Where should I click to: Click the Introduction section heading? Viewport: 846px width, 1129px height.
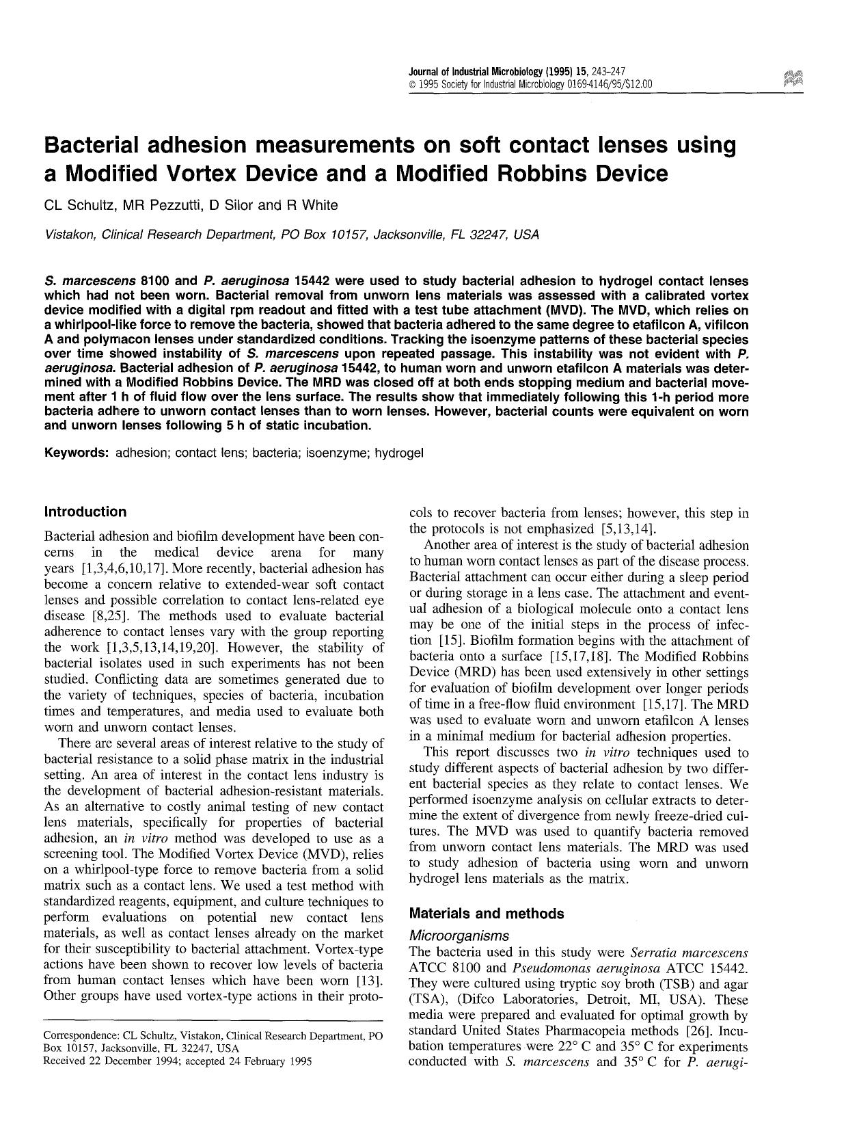pos(85,512)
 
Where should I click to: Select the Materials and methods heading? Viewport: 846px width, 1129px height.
pos(487,914)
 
